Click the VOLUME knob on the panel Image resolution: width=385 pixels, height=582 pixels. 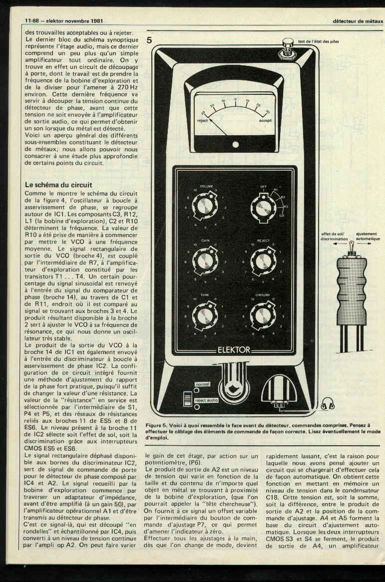206,206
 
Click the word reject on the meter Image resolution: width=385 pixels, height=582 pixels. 202,121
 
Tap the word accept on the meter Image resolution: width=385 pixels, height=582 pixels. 265,121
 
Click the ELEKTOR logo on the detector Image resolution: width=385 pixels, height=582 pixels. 234,350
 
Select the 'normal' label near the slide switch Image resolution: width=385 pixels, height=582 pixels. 202,384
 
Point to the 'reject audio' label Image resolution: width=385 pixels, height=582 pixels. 207,400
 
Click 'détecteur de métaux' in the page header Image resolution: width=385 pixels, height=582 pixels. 358,21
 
